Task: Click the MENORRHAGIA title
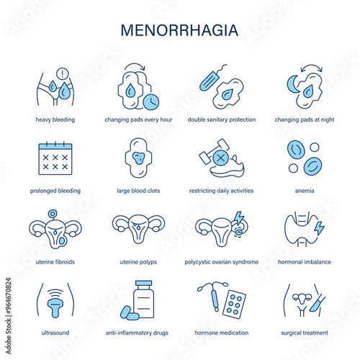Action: [179, 30]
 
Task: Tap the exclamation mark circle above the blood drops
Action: [63, 73]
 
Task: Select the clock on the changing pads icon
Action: [151, 102]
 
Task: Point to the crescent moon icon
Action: [293, 84]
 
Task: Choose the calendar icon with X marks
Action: [55, 158]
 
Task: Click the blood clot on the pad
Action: [139, 158]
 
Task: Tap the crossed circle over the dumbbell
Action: [221, 158]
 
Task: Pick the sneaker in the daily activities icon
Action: [228, 168]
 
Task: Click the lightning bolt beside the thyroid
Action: [320, 228]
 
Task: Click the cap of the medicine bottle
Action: [143, 283]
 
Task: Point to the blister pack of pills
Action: [234, 305]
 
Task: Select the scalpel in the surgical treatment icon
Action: [317, 304]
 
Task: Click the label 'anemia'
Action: [305, 191]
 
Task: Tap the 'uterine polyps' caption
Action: [138, 262]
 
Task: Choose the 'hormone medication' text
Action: [222, 333]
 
